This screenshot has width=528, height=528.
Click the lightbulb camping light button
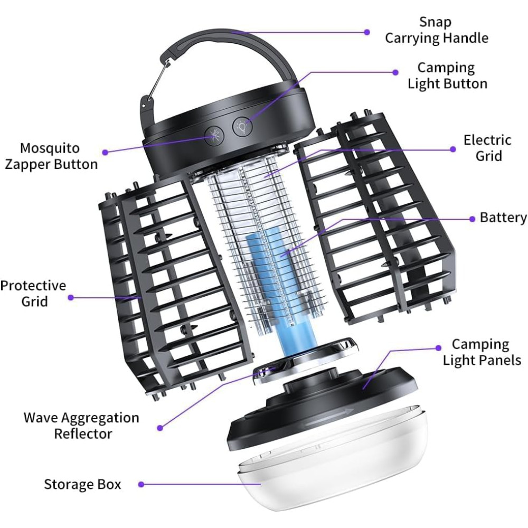point(242,127)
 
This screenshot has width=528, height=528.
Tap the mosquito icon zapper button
point(214,135)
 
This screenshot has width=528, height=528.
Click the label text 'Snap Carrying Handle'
point(437,30)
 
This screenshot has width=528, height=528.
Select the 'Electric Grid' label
point(487,148)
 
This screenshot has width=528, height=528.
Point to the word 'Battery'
point(503,218)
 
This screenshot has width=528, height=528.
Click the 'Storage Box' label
point(82,484)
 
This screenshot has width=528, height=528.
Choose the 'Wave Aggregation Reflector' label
point(81,426)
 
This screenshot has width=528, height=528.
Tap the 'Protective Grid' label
point(33,293)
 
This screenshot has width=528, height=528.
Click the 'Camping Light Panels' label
point(482,352)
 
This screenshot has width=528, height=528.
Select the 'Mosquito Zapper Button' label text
point(51,156)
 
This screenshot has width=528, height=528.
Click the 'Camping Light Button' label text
point(447,76)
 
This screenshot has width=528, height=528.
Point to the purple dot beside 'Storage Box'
point(142,485)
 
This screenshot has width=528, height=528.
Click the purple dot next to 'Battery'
point(472,219)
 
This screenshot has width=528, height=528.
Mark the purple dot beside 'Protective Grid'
point(71,297)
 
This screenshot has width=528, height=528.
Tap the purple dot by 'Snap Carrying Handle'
point(367,32)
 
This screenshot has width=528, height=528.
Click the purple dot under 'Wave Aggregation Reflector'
point(161,428)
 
